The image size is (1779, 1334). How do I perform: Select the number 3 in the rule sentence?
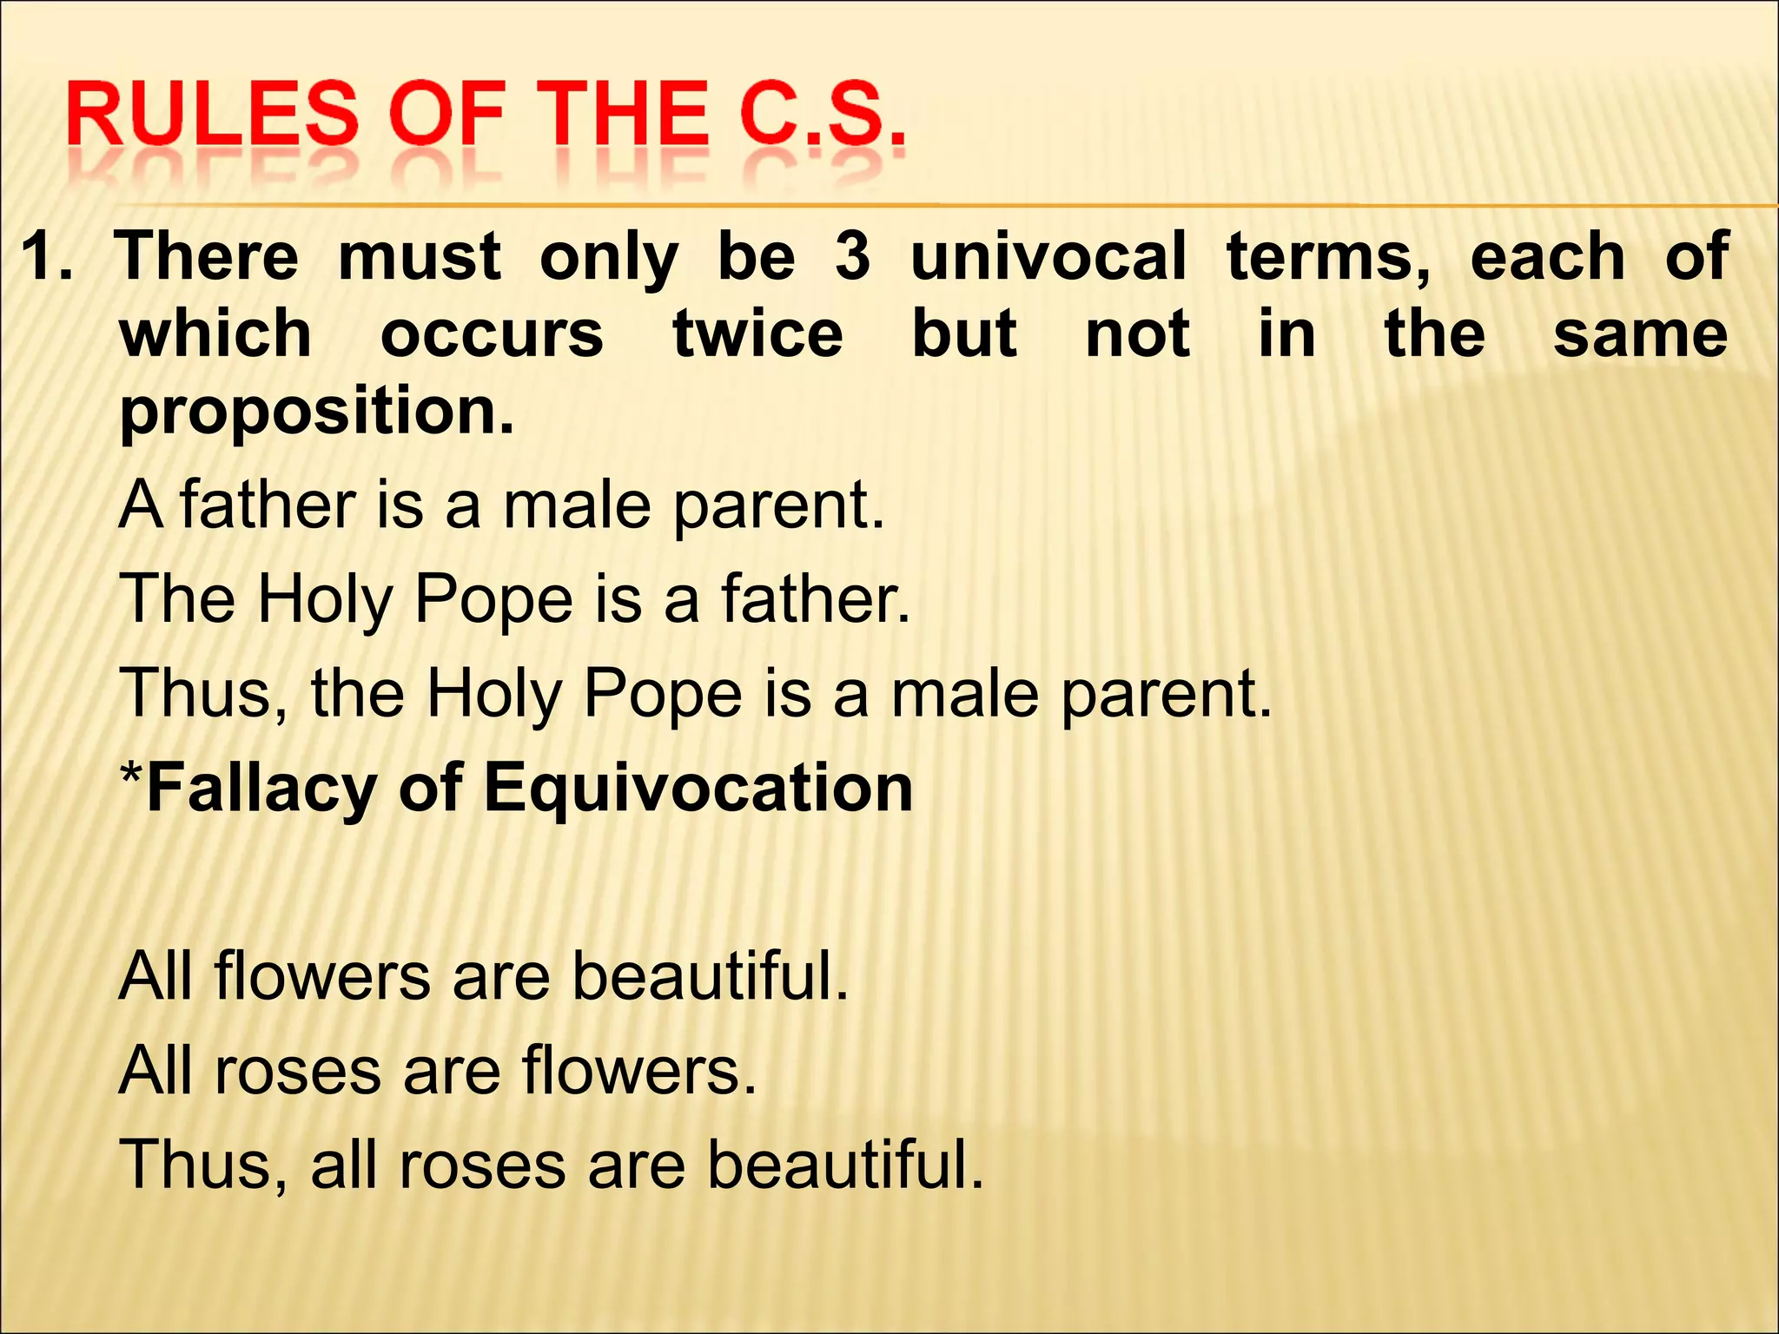[x=852, y=257]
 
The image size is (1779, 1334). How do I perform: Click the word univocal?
[x=1048, y=257]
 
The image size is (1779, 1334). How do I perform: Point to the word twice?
[x=757, y=334]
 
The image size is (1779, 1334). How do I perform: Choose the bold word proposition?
[x=317, y=412]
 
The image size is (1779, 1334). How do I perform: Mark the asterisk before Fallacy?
[x=131, y=777]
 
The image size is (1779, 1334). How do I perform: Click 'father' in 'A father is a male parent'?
[x=268, y=505]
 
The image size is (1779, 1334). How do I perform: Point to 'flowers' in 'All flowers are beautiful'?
[x=321, y=976]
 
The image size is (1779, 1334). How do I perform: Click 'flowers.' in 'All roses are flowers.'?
[x=639, y=1070]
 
